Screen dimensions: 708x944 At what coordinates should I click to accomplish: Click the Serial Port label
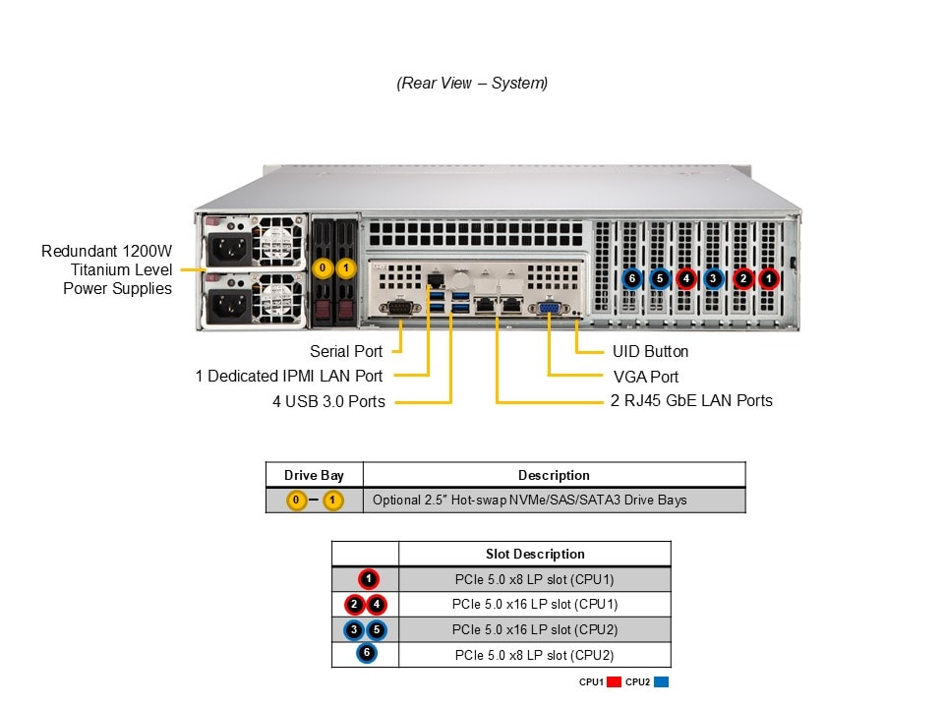point(346,351)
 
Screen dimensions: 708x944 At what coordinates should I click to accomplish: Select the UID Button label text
point(650,351)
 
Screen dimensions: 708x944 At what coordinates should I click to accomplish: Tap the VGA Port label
point(645,377)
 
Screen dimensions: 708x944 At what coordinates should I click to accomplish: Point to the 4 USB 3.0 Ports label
point(328,401)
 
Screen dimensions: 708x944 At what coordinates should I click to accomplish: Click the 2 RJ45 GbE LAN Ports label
point(691,400)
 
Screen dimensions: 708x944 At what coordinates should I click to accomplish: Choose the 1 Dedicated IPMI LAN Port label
point(289,376)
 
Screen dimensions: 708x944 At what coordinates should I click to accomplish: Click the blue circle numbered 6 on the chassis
point(632,278)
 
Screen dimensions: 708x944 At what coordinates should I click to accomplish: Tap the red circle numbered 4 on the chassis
point(686,278)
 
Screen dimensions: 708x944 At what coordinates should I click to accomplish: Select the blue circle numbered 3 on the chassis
point(714,278)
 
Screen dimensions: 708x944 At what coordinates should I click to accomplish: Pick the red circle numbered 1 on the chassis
point(768,278)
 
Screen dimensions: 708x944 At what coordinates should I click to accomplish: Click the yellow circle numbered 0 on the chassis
point(322,267)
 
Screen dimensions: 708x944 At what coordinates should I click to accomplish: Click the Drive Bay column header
point(314,475)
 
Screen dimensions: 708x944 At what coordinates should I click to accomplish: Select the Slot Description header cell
point(535,554)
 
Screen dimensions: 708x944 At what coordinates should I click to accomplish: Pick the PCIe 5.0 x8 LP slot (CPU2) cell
point(534,654)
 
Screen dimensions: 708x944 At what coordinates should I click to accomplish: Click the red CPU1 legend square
point(614,681)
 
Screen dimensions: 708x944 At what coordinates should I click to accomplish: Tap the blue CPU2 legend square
point(661,681)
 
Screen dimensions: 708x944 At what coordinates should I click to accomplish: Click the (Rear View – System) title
point(472,83)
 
